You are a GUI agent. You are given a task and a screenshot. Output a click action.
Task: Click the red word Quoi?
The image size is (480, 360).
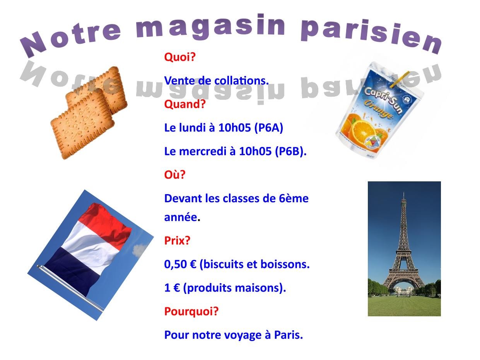(180, 57)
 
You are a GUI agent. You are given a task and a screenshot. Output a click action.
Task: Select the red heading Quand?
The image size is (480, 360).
(185, 104)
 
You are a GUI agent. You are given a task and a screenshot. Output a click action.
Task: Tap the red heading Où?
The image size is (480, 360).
(175, 175)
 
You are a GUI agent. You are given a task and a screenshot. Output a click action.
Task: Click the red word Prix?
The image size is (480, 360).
(177, 241)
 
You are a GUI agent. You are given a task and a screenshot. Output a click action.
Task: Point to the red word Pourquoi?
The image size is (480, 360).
(191, 311)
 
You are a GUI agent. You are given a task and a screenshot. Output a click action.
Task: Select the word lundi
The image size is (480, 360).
(193, 128)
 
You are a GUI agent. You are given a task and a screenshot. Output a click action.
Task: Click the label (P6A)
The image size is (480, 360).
(269, 128)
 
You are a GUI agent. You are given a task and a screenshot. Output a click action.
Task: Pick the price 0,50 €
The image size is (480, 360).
(180, 264)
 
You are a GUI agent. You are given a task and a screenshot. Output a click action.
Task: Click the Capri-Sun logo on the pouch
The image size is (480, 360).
(382, 100)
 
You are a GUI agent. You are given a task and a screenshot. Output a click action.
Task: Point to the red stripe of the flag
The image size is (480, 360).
(105, 221)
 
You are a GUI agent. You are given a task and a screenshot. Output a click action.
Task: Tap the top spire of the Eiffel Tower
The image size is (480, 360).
(404, 196)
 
